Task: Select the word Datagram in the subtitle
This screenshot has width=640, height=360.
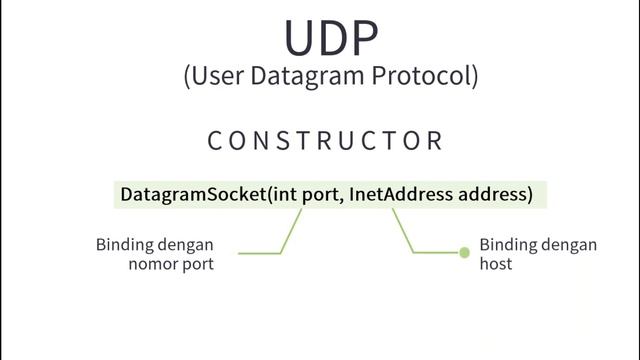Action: (300, 76)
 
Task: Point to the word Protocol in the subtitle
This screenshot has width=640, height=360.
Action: (418, 76)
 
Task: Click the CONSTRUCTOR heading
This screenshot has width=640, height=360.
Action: (325, 141)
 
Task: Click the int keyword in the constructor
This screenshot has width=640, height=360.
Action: (283, 194)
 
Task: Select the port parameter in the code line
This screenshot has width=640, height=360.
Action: (321, 195)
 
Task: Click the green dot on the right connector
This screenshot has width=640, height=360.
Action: (464, 253)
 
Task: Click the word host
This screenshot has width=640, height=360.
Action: (496, 264)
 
